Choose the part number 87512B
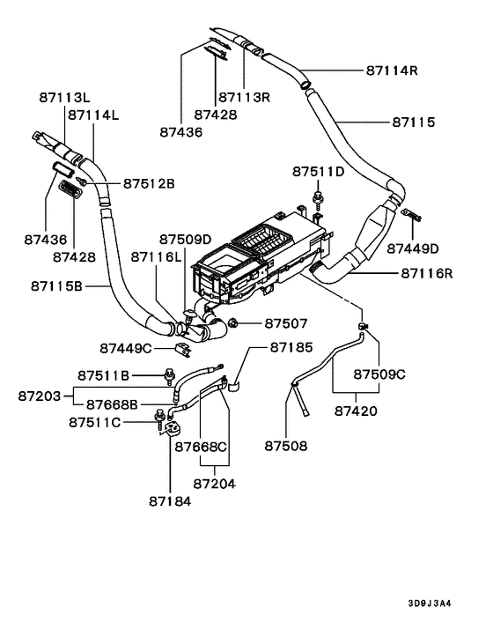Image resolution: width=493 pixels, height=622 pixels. [x=149, y=184]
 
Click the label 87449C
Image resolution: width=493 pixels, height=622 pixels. [x=127, y=349]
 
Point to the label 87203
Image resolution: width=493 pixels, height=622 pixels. [x=40, y=396]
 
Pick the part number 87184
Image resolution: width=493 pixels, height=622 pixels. [x=170, y=500]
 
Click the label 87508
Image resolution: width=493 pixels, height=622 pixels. [x=286, y=446]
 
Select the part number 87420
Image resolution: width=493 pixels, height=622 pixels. [x=356, y=411]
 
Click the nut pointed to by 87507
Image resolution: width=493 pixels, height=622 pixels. [x=233, y=323]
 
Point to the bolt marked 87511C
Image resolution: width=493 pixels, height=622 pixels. [x=159, y=415]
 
